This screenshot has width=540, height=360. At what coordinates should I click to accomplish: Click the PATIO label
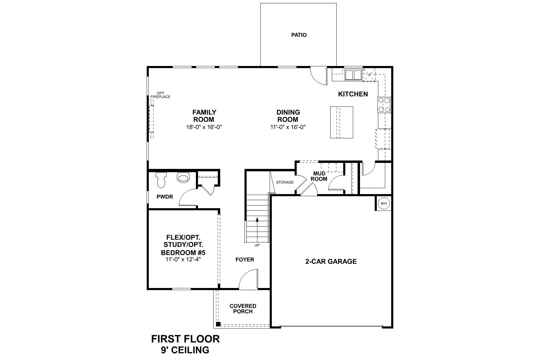[x=299, y=35]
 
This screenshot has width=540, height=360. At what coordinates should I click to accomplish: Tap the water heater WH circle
[x=384, y=203]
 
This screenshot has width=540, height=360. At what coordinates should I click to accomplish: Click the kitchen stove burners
[x=384, y=105]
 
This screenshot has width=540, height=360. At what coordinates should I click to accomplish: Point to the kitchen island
[x=341, y=122]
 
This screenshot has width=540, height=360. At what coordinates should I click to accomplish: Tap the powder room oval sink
[x=183, y=178]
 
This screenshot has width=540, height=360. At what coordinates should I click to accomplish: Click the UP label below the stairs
[x=257, y=245]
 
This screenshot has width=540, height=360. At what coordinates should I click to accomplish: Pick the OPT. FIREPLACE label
[x=160, y=95]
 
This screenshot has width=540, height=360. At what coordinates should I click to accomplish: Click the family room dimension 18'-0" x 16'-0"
[x=204, y=127]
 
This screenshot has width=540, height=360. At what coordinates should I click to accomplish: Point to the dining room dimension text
[x=288, y=127]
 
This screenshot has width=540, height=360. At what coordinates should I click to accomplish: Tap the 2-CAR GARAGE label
[x=331, y=261]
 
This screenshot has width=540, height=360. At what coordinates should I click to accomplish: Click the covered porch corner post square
[x=218, y=324]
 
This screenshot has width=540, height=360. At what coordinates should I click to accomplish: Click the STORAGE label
[x=285, y=182]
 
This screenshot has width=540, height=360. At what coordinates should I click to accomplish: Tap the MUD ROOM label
[x=319, y=176]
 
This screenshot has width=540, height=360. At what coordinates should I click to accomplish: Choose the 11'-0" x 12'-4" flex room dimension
[x=183, y=259]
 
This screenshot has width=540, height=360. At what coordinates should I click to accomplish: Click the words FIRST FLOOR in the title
[x=185, y=339]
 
